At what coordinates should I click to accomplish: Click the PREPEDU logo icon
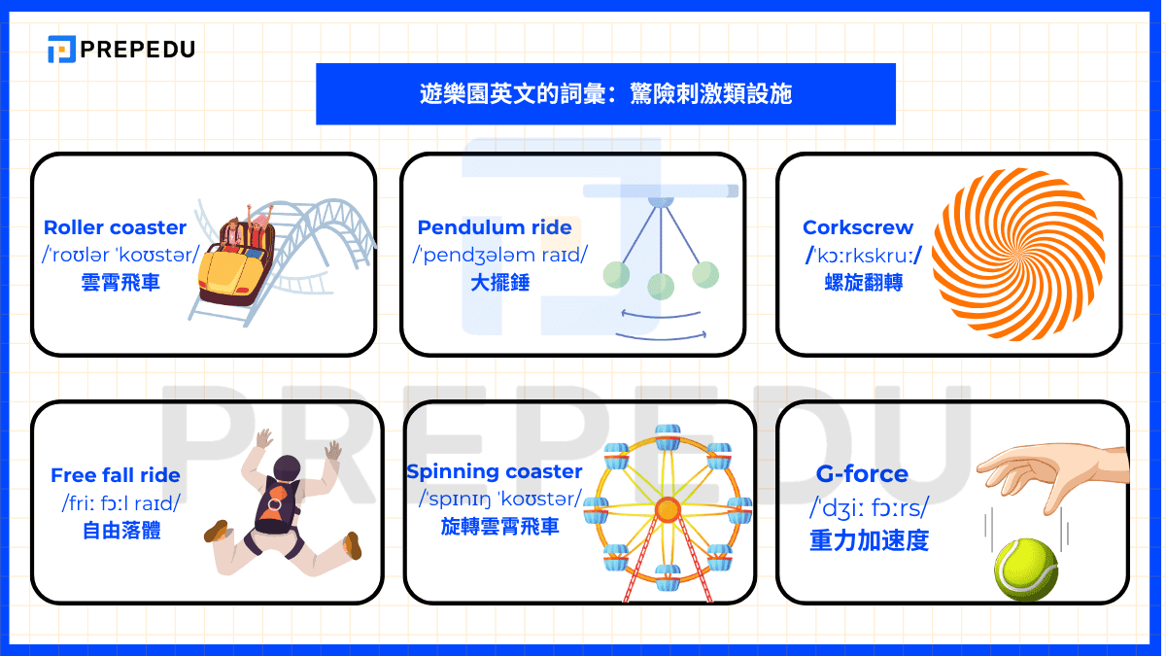pyautogui.click(x=61, y=49)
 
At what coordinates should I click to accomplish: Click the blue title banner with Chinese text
pyautogui.click(x=605, y=94)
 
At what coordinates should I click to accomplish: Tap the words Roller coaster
pyautogui.click(x=115, y=227)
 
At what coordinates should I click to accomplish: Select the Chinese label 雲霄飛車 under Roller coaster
pyautogui.click(x=120, y=283)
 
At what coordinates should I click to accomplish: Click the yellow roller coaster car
pyautogui.click(x=235, y=275)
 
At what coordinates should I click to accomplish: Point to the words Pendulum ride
pyautogui.click(x=495, y=227)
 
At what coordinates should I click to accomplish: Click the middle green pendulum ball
pyautogui.click(x=661, y=287)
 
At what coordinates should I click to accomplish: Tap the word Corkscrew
pyautogui.click(x=858, y=227)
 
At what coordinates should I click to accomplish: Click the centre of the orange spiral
pyautogui.click(x=1017, y=255)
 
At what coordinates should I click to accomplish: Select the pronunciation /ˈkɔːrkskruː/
pyautogui.click(x=864, y=256)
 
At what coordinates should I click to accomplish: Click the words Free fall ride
pyautogui.click(x=115, y=475)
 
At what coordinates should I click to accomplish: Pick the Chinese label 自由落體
pyautogui.click(x=121, y=531)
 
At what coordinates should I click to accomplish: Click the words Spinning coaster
pyautogui.click(x=494, y=471)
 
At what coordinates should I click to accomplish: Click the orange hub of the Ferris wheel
pyautogui.click(x=668, y=509)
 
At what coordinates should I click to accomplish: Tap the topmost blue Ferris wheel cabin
pyautogui.click(x=668, y=436)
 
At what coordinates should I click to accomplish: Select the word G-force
pyautogui.click(x=862, y=474)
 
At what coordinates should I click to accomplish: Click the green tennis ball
pyautogui.click(x=1026, y=570)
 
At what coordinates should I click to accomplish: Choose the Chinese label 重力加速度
pyautogui.click(x=870, y=540)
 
